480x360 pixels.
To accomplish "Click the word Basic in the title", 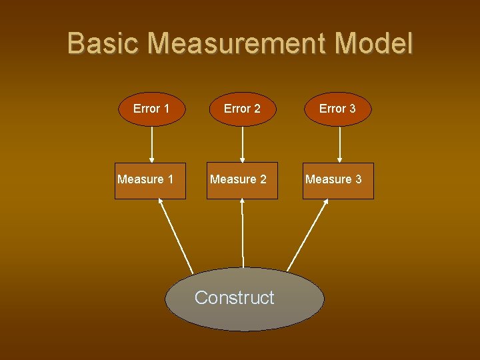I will pos(104,44).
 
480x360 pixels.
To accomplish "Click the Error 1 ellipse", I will pos(151,109).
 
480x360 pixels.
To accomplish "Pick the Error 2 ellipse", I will pos(242,109).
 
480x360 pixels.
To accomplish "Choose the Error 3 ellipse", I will pos(337,109).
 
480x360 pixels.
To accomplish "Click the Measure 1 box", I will pos(150,181).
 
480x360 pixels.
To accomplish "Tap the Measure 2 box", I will pos(241,181).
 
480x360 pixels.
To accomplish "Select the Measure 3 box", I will pos(339,181).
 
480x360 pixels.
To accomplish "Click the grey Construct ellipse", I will pos(244,299).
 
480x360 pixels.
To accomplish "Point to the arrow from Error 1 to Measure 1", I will pos(152,145).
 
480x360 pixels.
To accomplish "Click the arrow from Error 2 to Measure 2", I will pos(243,145).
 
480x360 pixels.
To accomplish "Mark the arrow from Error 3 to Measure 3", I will pos(340,145).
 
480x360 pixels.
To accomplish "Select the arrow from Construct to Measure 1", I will pos(175,235).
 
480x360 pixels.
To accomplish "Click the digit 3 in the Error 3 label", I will pos(352,109).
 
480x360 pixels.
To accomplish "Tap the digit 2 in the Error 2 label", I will pos(257,109).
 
